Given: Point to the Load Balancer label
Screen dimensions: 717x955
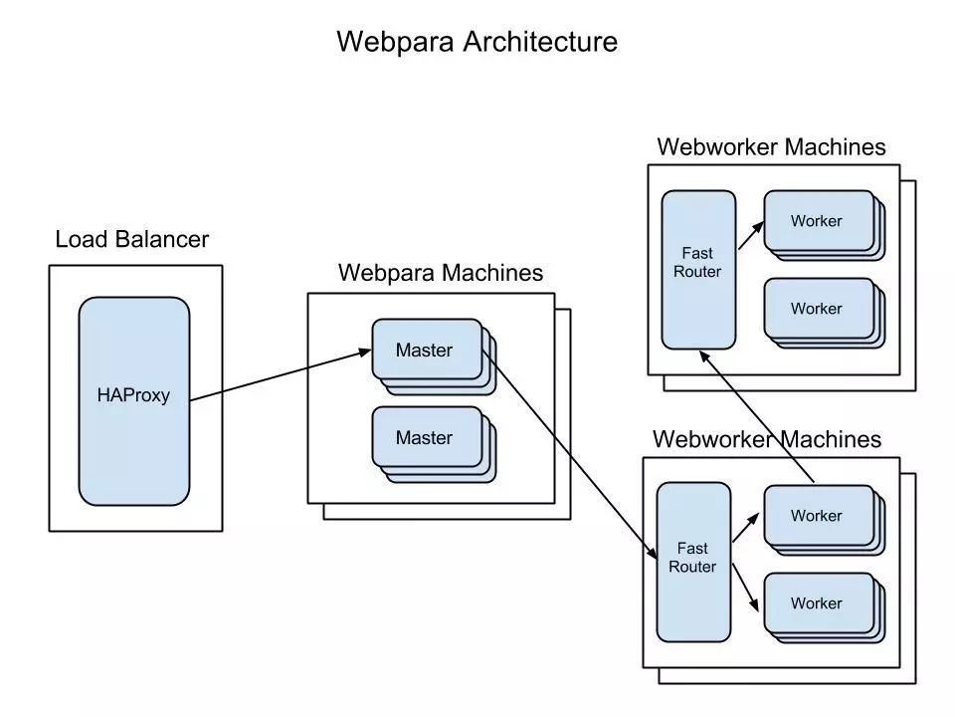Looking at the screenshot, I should (132, 240).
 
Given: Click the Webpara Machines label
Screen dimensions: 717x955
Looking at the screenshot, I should (441, 273).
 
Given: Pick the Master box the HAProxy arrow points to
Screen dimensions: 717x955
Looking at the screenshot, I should (426, 350).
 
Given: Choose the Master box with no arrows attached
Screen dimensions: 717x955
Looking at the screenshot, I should (426, 437).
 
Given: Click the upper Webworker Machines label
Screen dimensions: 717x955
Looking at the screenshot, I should (771, 147).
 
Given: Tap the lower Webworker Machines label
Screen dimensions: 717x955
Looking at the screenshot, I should (766, 439).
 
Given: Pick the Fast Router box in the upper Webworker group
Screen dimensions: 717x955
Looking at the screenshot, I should (698, 270).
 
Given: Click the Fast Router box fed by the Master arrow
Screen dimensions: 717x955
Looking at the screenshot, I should (692, 561).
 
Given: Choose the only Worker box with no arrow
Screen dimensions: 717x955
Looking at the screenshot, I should (817, 309).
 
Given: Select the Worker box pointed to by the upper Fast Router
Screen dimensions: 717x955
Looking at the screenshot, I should (817, 221).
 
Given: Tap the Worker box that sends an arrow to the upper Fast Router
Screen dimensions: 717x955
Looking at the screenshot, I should (817, 515).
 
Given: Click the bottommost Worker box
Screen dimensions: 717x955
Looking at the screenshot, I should (817, 602).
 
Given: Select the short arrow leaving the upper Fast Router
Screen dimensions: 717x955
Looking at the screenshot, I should (749, 237).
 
